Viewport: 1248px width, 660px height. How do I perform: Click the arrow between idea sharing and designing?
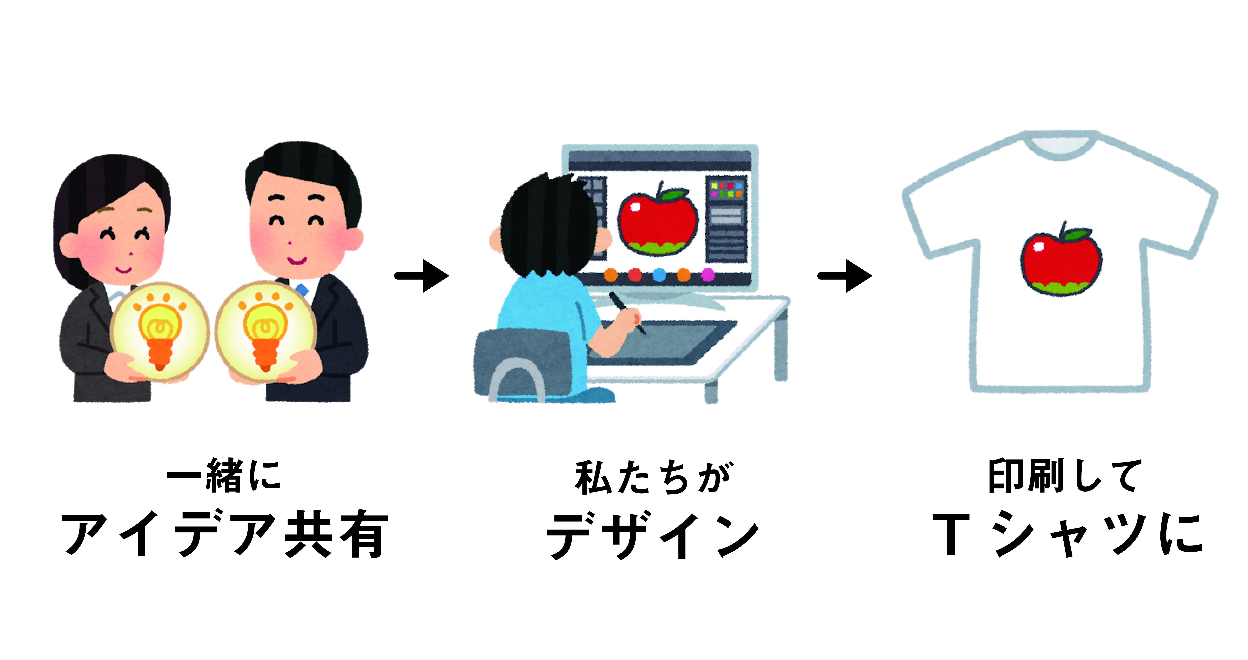click(422, 276)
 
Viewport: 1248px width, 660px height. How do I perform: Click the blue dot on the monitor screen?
click(659, 275)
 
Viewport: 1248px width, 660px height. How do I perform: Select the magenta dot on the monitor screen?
click(708, 275)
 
